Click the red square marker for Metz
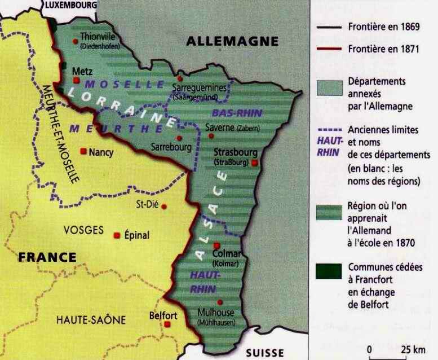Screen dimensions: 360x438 [76, 81]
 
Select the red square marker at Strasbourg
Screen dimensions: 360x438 [255, 163]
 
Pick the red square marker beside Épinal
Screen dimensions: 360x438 [117, 235]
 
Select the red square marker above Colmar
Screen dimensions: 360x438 [217, 245]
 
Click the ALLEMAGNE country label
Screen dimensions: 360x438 [232, 41]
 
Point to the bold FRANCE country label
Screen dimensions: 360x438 [47, 257]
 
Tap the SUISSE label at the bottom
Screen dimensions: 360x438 [265, 353]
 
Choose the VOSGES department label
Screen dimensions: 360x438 [83, 230]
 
